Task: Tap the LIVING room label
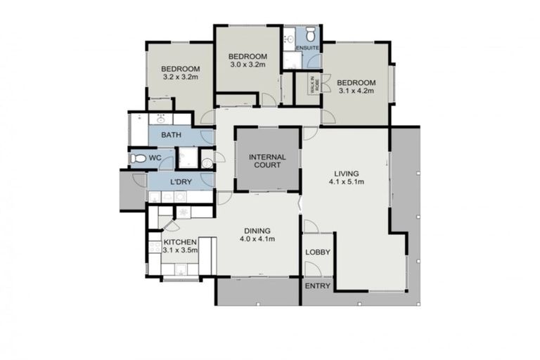pos(347,173)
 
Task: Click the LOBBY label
pos(318,252)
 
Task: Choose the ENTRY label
pos(318,286)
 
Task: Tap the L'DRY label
pos(181,182)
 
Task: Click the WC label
pos(156,157)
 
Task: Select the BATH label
pos(172,134)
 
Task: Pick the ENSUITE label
pos(307,48)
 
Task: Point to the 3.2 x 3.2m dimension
pos(181,78)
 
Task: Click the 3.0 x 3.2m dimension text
pos(248,65)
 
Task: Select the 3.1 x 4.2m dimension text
pos(356,90)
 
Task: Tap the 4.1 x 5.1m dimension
pos(347,182)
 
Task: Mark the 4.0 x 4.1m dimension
pos(259,239)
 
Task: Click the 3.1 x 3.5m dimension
pos(181,250)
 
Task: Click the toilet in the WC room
pos(138,159)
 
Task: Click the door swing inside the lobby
pos(310,226)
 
